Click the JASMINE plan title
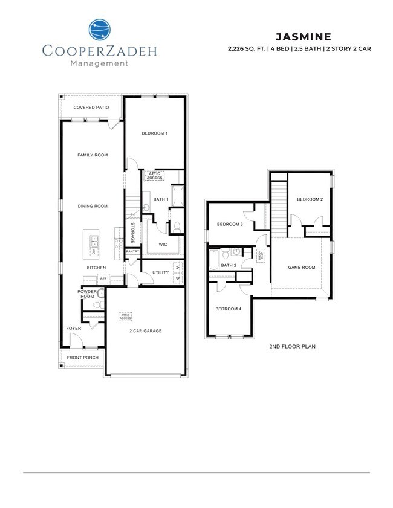pos(305,36)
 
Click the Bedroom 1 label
pos(154,133)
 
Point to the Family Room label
pos(93,155)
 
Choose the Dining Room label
pos(93,206)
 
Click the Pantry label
pos(133,251)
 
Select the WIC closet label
pos(163,245)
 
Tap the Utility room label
pos(160,272)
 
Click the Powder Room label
pos(86,294)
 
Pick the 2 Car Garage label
pos(145,331)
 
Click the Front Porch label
pos(83,358)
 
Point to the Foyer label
pos(73,328)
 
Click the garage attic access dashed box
pos(126,316)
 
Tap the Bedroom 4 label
pos(229,309)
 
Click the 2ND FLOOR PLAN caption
pos(293,347)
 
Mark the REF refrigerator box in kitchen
pos(103,278)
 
